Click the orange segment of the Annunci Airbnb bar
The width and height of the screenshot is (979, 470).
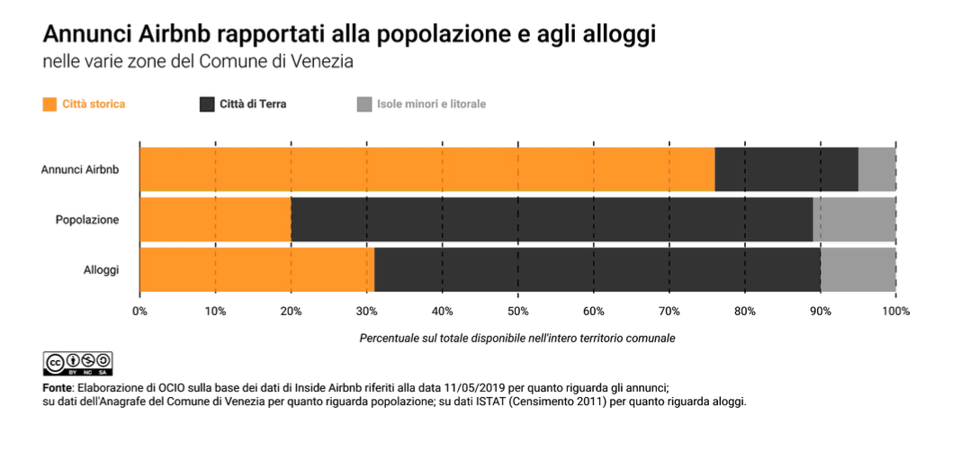(x=427, y=169)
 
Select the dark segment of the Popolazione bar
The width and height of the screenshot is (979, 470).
(x=552, y=219)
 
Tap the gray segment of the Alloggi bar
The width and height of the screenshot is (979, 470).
(x=858, y=269)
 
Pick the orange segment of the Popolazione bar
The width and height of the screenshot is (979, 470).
(x=215, y=219)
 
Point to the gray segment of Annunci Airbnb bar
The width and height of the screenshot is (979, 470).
(x=876, y=169)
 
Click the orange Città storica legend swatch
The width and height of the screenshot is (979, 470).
(x=49, y=104)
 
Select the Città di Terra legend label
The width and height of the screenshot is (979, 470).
(x=253, y=104)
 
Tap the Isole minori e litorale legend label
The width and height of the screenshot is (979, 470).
(x=432, y=104)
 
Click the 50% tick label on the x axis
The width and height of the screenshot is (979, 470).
(x=517, y=312)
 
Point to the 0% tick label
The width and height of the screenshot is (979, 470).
(x=139, y=312)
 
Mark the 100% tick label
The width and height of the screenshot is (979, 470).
(x=896, y=312)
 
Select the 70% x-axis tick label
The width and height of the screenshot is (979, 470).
(x=669, y=312)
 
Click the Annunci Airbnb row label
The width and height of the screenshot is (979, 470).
(x=80, y=169)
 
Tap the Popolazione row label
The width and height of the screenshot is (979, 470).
(x=87, y=219)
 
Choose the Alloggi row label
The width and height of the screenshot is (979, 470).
(x=101, y=269)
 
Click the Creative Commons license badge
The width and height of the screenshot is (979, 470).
(x=77, y=363)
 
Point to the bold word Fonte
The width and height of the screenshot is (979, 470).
(x=58, y=386)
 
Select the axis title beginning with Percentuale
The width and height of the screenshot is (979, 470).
(x=516, y=339)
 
